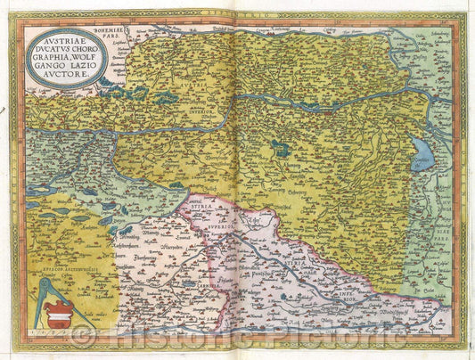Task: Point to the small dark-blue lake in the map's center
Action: click(282, 148)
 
